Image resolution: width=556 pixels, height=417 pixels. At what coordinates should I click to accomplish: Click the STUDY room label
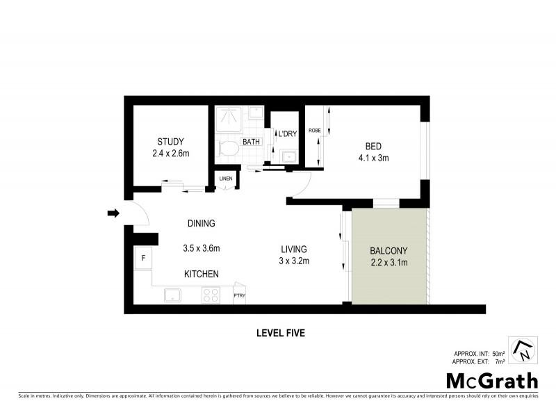tap(170, 142)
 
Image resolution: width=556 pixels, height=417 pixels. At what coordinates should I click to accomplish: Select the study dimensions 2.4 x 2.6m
tap(170, 154)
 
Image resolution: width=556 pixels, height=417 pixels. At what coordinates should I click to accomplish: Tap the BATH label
tap(250, 142)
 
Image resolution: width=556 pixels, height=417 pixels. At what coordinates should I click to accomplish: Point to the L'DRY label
tap(287, 134)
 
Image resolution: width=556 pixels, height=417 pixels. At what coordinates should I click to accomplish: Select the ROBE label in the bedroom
tap(314, 130)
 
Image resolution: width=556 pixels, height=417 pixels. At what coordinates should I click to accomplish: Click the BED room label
tap(374, 146)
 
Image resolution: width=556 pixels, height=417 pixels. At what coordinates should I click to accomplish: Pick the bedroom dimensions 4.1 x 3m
tap(374, 158)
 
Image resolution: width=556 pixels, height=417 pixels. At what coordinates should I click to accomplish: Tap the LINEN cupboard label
tap(226, 179)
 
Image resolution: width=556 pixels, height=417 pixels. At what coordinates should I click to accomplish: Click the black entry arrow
tap(113, 213)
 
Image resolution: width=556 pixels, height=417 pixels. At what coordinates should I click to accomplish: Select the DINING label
tap(201, 224)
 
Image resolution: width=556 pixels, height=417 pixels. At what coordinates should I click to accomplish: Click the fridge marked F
tap(143, 259)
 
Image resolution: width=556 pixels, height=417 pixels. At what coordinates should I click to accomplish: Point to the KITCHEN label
tap(202, 275)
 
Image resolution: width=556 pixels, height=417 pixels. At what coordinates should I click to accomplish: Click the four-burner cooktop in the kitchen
tap(210, 295)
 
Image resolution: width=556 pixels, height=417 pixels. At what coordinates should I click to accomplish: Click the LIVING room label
tap(294, 249)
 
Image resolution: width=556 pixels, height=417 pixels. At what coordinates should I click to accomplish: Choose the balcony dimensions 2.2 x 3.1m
tap(389, 262)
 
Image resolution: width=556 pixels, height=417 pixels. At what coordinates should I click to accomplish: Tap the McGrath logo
tap(491, 380)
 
